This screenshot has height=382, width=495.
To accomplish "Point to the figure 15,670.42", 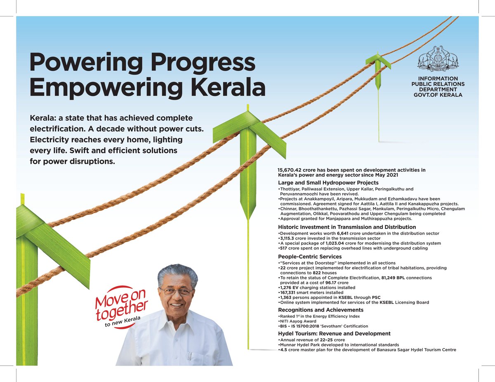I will [292, 170].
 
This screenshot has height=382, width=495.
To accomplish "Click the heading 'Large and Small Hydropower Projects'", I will [328, 182].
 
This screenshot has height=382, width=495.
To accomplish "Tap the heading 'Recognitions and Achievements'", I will [321, 310].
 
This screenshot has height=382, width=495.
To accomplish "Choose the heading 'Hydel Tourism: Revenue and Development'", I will [334, 333].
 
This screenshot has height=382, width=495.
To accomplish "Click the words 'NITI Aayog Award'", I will [298, 321].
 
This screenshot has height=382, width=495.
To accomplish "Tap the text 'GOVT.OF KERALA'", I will [438, 95].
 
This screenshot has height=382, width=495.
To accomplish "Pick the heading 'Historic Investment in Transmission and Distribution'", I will [347, 227].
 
